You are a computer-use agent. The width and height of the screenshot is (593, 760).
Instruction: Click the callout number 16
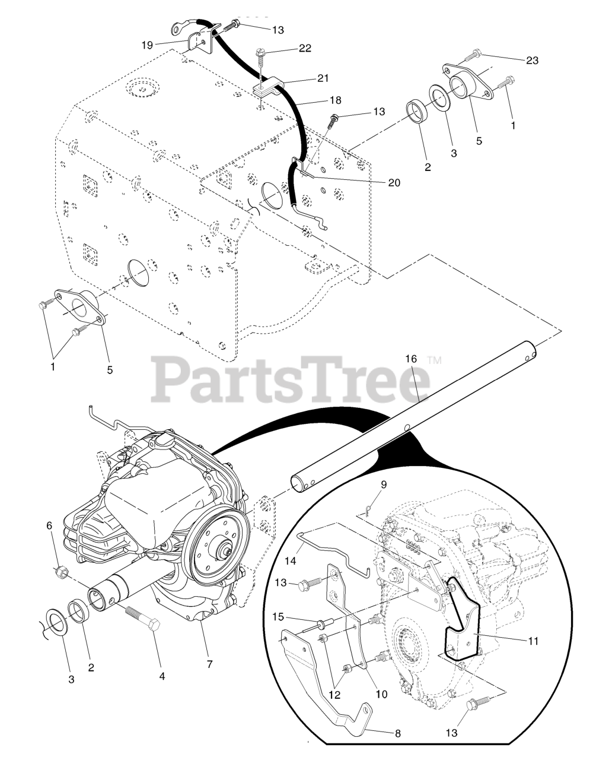pos(411,359)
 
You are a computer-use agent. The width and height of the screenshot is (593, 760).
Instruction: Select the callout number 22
pos(305,48)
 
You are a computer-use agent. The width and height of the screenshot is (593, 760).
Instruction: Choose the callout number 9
pos(384,484)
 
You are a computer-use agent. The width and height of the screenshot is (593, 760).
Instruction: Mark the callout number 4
pos(162,676)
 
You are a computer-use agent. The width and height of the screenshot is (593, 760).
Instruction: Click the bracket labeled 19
pos(196,42)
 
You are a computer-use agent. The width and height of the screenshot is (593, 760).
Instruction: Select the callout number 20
pos(394,183)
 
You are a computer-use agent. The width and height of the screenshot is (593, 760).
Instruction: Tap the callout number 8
pos(397,733)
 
